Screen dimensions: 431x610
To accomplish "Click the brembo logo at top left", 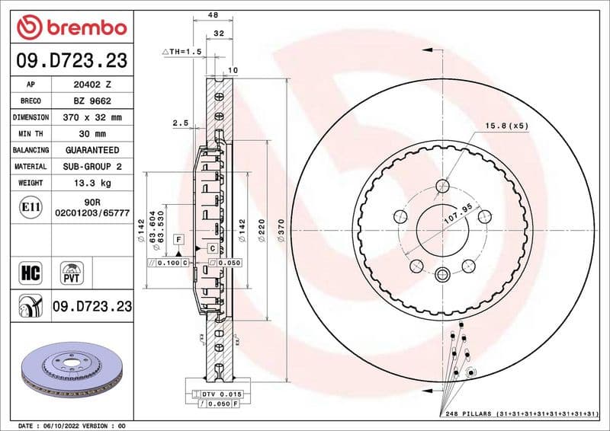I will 71,28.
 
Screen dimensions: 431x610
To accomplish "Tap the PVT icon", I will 72,272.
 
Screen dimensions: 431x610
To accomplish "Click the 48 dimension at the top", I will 213,14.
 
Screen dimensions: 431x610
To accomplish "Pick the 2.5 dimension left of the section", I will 180,122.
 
